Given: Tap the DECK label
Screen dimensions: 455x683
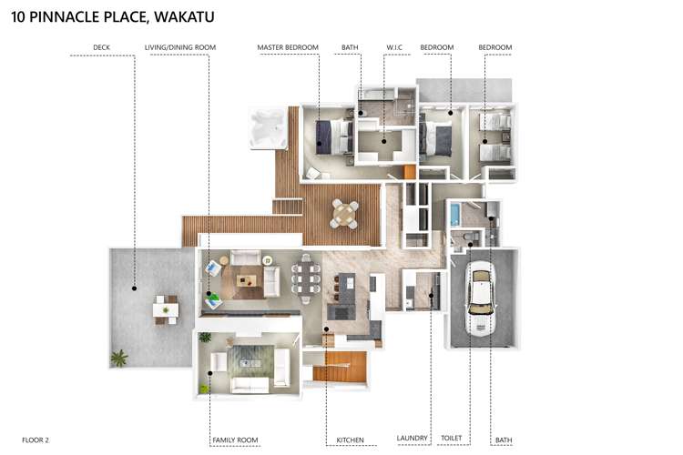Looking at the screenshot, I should [101, 47].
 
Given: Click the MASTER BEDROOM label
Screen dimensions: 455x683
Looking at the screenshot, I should [288, 47].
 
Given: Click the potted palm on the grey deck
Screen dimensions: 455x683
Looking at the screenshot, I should [118, 358].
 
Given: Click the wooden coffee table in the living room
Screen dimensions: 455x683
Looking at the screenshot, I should [247, 281].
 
